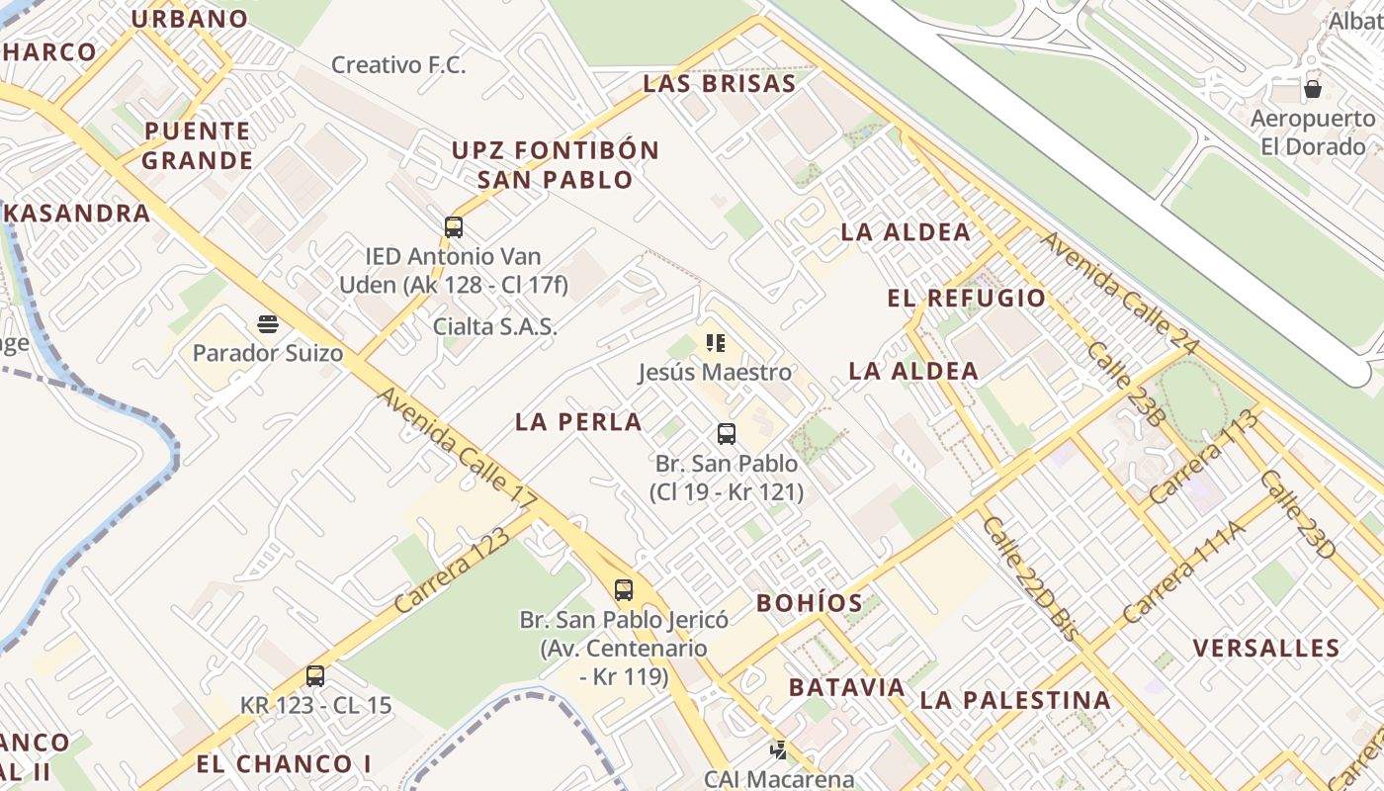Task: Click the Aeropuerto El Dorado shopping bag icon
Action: [x=1313, y=89]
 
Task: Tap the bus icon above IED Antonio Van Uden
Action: [x=454, y=226]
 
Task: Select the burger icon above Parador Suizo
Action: [x=267, y=322]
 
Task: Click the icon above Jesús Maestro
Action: [x=716, y=343]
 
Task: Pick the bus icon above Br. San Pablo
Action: [x=727, y=433]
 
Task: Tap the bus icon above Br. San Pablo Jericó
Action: [x=624, y=589]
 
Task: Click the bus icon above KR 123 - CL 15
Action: [x=315, y=675]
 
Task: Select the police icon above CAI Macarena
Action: [x=779, y=749]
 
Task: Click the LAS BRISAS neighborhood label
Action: [x=719, y=84]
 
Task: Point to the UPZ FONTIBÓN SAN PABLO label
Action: [x=555, y=165]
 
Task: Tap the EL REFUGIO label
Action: [x=966, y=299]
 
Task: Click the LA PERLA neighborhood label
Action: [x=578, y=422]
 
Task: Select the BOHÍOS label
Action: [x=809, y=603]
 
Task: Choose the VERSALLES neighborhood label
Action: [x=1265, y=649]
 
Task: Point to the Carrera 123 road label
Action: [x=452, y=571]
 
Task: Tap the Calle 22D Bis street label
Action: [x=1028, y=578]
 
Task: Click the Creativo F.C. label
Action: [x=397, y=65]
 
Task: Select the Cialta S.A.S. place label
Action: [x=494, y=326]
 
